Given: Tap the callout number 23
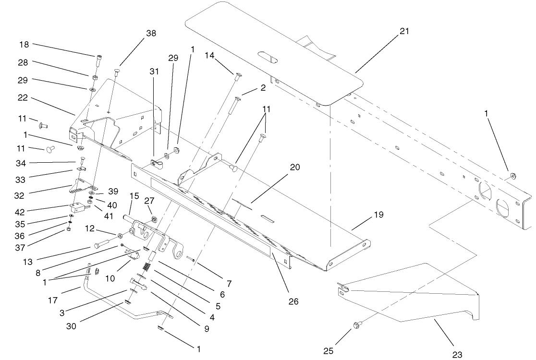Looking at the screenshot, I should (457, 355).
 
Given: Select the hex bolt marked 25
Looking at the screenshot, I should (359, 325).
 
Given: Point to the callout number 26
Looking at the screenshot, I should (293, 301).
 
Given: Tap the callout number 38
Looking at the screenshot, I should (151, 33).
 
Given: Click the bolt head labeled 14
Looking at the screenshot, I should (238, 74).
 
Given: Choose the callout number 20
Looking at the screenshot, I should (294, 168).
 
